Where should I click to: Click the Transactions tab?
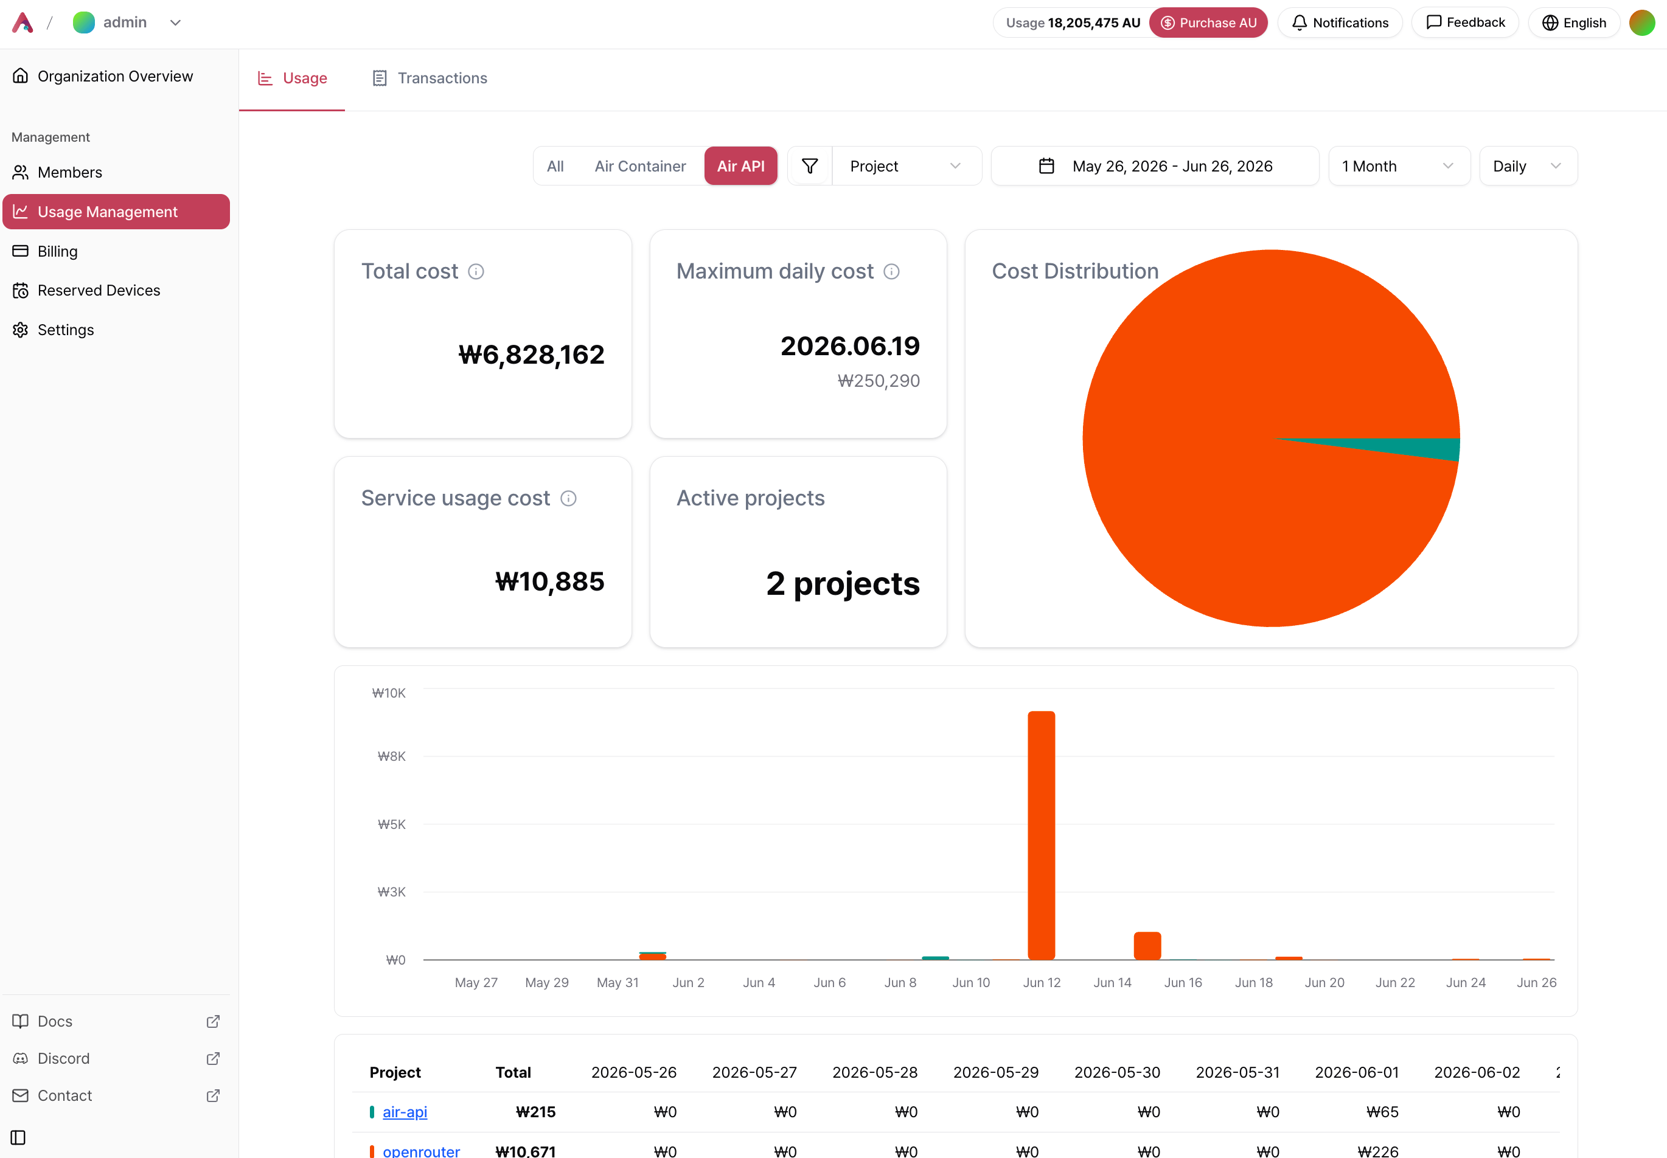coord(429,78)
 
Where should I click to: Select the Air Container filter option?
coord(639,166)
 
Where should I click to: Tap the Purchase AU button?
coord(1208,23)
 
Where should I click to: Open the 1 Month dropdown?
coord(1399,166)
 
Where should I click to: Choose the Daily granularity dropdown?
coord(1528,166)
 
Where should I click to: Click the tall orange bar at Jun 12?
coord(1041,835)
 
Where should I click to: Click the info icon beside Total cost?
coord(476,271)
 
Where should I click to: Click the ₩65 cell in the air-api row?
coord(1382,1112)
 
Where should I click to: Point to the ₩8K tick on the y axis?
coord(391,756)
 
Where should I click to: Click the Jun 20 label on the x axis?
coord(1324,982)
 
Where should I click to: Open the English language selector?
coord(1573,23)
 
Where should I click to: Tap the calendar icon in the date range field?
coord(1046,166)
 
